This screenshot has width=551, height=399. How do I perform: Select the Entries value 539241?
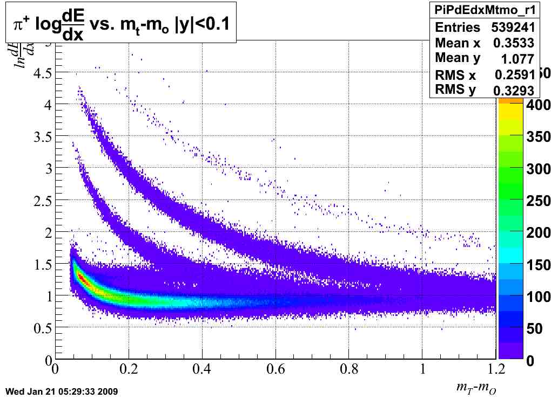click(513, 27)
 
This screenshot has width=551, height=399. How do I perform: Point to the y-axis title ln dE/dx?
click(26, 50)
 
